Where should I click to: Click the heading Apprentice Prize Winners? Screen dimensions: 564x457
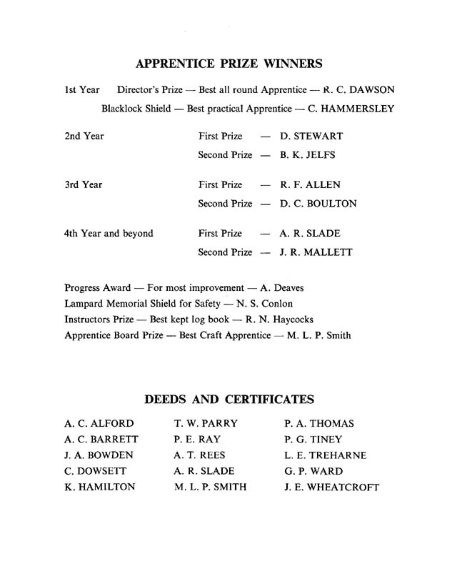pyautogui.click(x=228, y=64)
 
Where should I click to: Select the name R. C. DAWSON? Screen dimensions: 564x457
pyautogui.click(x=358, y=90)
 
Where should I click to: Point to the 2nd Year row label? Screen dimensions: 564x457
pyautogui.click(x=84, y=136)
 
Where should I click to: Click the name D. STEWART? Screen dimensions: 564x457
pyautogui.click(x=311, y=136)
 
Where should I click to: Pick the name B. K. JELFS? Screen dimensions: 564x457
pyautogui.click(x=308, y=154)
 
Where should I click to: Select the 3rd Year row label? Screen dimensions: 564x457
pyautogui.click(x=84, y=184)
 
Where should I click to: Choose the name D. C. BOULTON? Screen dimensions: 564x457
pyautogui.click(x=318, y=204)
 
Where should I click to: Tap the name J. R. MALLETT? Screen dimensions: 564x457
pyautogui.click(x=316, y=252)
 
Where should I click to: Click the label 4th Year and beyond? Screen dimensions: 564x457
pyautogui.click(x=109, y=233)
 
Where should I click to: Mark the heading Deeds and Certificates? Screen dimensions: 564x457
pyautogui.click(x=229, y=399)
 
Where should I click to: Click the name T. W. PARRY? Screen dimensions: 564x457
pyautogui.click(x=206, y=424)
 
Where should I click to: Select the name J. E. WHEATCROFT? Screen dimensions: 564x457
pyautogui.click(x=331, y=488)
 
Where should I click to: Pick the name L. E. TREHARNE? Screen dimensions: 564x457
pyautogui.click(x=325, y=455)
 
